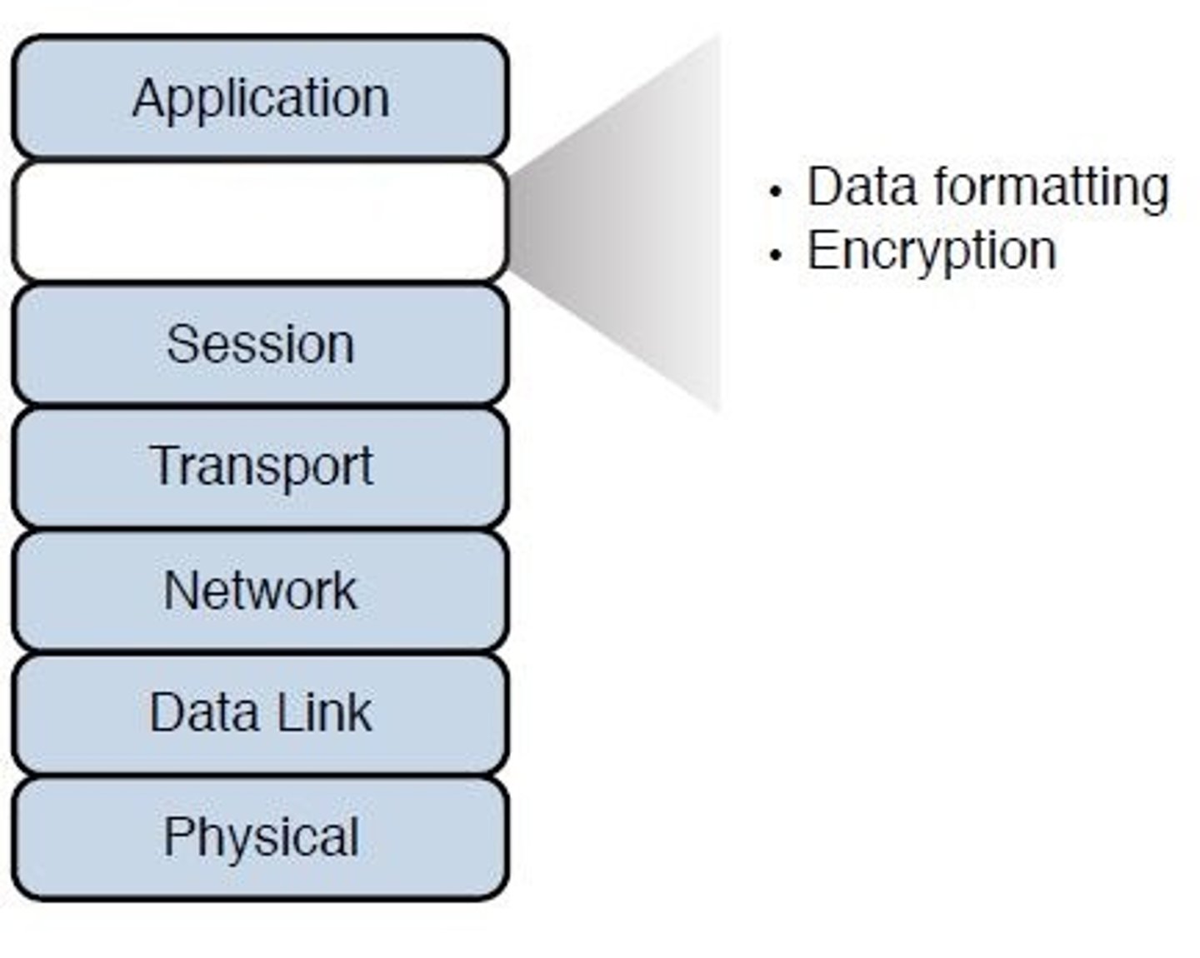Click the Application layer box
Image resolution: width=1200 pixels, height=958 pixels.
[260, 97]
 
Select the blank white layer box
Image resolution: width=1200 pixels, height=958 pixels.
[260, 222]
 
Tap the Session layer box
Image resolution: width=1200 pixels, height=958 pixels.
[260, 344]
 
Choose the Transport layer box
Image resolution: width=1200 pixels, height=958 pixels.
[260, 467]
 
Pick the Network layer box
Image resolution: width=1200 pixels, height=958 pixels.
[260, 590]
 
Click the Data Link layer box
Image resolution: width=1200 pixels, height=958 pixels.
[260, 713]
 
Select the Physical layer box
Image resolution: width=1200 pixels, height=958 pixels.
[260, 837]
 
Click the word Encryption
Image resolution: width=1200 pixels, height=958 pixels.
[931, 251]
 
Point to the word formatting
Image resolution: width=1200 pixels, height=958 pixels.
[1051, 187]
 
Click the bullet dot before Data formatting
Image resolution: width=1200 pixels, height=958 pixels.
[776, 192]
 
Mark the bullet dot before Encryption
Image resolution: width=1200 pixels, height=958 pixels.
[776, 255]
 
